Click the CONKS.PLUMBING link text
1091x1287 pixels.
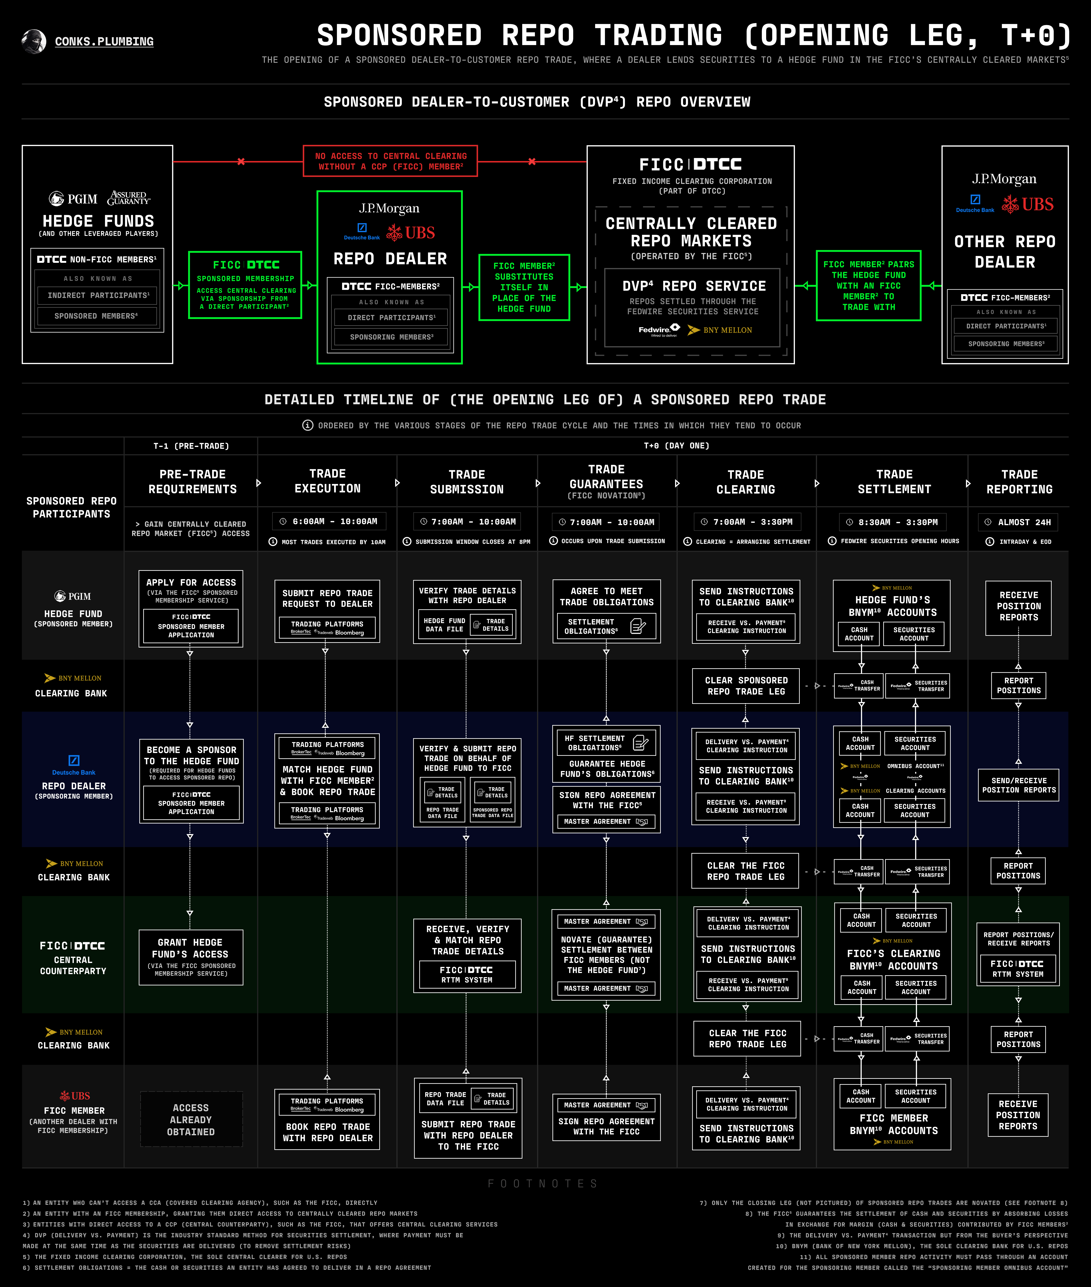click(x=104, y=41)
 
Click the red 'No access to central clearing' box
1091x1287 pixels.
click(x=390, y=161)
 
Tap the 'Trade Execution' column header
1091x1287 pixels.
click(x=327, y=481)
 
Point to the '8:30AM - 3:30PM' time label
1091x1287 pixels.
click(x=894, y=522)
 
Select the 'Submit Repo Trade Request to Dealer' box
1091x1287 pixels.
click(x=327, y=610)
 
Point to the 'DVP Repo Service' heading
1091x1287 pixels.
click(x=694, y=286)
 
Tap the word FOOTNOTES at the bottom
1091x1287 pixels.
click(x=542, y=1183)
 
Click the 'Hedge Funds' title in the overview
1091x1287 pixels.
click(x=98, y=221)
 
